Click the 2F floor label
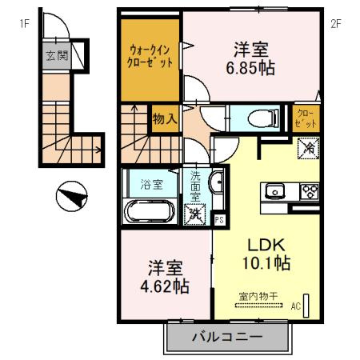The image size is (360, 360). click(x=337, y=23)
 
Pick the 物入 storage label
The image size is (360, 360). click(x=164, y=120)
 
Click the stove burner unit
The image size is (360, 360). click(x=308, y=191)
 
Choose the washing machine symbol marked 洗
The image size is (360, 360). click(x=194, y=214)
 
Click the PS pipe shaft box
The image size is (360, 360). click(x=220, y=218)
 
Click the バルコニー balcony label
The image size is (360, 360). click(x=226, y=338)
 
